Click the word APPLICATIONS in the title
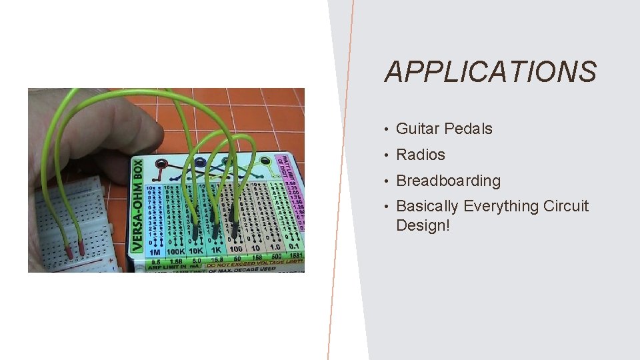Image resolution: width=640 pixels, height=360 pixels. pos(490,72)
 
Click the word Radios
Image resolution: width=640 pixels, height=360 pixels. pos(420,155)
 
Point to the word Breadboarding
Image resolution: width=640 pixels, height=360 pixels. pos(448,181)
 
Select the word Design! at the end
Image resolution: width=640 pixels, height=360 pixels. pos(423,225)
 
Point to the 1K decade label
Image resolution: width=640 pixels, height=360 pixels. pos(217,249)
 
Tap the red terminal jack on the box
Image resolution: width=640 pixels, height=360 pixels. pos(161,165)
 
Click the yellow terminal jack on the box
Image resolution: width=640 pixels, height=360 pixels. pos(265,161)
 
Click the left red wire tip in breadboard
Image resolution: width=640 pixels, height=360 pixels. pos(68,251)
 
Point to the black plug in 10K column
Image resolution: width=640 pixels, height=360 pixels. pos(195,231)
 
